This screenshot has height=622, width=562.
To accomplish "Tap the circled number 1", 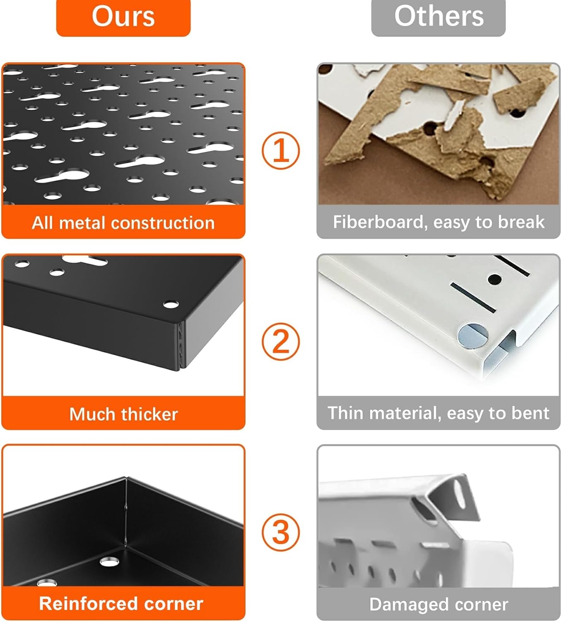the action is click(281, 151).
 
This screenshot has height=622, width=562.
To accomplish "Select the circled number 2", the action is click(281, 341).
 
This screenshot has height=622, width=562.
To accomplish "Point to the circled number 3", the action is click(281, 532).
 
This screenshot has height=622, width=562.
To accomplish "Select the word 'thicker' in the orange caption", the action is click(150, 414).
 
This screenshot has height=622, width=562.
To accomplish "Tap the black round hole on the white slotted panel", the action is click(495, 279).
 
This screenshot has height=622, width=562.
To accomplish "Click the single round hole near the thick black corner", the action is click(171, 304).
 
